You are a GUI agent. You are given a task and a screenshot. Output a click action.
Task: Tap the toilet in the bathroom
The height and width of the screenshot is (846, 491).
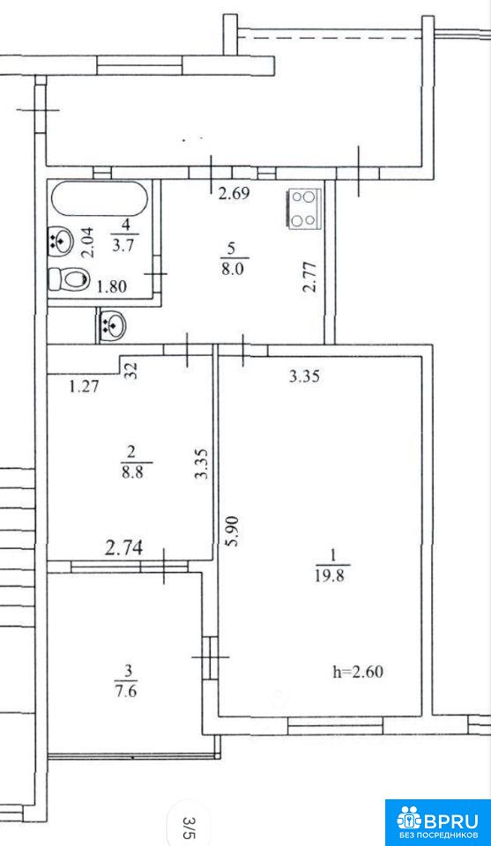[68, 280]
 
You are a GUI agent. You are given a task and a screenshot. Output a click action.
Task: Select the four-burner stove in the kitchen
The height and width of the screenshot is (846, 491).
[302, 208]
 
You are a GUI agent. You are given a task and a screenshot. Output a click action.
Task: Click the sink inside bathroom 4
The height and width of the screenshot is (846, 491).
[61, 240]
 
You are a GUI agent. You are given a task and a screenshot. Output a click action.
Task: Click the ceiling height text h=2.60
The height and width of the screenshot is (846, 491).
[359, 672]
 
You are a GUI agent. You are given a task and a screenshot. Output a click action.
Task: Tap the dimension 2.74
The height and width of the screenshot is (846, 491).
[124, 549]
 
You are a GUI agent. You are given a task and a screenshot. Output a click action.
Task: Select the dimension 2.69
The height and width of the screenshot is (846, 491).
[234, 194]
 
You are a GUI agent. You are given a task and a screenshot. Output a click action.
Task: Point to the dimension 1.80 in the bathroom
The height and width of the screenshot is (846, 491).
[111, 286]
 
